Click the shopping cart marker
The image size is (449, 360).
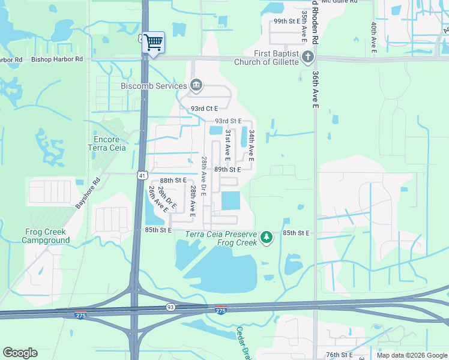(154, 42)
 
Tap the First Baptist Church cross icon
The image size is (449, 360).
(308, 58)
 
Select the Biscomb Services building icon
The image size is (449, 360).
(196, 86)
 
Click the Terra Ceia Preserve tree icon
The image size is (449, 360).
(267, 238)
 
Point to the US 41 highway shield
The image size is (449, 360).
(142, 175)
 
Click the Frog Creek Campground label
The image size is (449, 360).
(46, 236)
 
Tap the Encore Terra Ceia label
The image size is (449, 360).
(107, 143)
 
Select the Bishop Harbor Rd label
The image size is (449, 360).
(57, 59)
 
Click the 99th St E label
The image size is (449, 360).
(286, 21)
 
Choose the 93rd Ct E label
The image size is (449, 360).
(203, 109)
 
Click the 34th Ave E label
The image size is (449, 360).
(252, 146)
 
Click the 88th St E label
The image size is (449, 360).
(173, 180)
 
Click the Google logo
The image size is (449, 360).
(20, 353)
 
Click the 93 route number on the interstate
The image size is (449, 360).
(170, 307)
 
